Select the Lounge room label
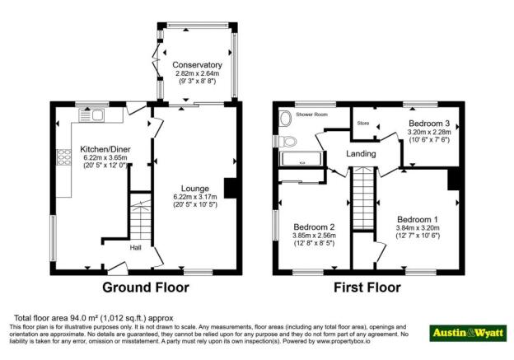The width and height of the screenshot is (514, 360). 195,188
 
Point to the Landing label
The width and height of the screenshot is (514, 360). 361,154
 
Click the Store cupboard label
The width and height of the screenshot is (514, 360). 362,124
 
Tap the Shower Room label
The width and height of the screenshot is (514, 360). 312,115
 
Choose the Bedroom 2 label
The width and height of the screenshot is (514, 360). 313,227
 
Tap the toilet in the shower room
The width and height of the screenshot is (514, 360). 285,119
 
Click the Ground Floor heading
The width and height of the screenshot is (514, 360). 146,288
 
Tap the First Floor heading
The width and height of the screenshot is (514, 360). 367,288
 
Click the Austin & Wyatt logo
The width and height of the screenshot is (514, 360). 467,332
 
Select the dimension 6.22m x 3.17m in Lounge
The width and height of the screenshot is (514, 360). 195,197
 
